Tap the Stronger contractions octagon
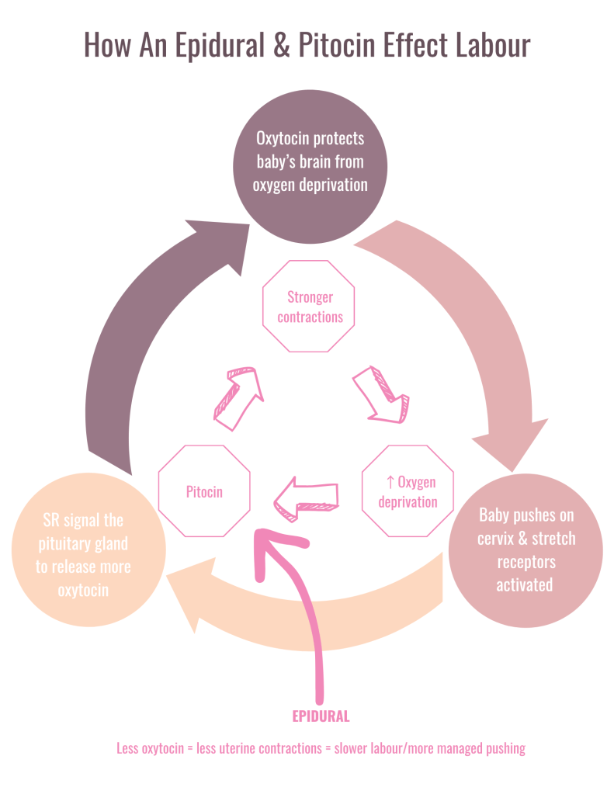pos(310,307)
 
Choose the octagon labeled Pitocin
pos(204,491)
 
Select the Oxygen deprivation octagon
pos(408,491)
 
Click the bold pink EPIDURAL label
pos(321,716)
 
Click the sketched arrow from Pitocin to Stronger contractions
pos(238,397)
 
